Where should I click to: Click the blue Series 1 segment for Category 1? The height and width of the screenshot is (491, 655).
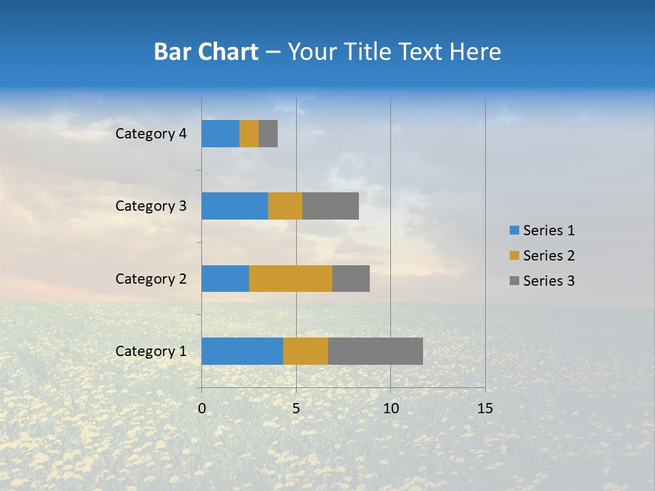[242, 351]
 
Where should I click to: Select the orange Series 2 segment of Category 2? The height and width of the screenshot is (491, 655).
[291, 278]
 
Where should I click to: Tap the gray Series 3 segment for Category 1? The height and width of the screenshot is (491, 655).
[375, 351]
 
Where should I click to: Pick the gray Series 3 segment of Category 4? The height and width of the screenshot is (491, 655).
[268, 134]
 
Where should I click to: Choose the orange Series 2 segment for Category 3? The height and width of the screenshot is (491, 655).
[285, 206]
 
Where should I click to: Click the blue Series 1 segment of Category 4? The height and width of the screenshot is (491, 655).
[220, 134]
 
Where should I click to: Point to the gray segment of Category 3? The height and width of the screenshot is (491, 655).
[330, 206]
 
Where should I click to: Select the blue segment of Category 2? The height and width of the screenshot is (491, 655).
[225, 278]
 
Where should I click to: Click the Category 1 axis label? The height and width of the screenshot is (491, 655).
[151, 351]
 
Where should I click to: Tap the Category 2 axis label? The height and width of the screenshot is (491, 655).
[151, 279]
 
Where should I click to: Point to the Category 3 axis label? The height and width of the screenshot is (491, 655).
[151, 206]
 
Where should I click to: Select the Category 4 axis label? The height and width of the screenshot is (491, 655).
[151, 134]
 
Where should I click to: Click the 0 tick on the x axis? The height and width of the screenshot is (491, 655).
[202, 408]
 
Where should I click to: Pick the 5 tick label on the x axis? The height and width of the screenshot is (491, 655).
[296, 408]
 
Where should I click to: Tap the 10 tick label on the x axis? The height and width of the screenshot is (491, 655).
[390, 408]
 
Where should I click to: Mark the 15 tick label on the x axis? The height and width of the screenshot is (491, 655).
[484, 408]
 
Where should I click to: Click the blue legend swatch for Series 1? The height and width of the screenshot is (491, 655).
[514, 230]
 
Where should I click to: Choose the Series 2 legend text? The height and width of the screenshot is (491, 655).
[549, 256]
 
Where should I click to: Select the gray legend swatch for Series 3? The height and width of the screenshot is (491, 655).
[514, 281]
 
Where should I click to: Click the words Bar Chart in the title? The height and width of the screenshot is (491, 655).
[206, 52]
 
